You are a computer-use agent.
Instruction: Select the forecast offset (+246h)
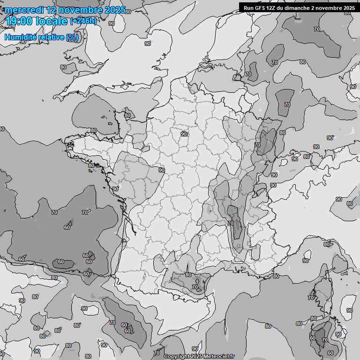point(83,21)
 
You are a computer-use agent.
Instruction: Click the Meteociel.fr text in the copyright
point(219,357)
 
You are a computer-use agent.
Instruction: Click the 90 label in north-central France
point(184,134)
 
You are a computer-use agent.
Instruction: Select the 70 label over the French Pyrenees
point(195,287)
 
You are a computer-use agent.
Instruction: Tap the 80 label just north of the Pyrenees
point(188,275)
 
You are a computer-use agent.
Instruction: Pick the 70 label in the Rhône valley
point(230,224)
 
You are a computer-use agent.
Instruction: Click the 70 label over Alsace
point(257,145)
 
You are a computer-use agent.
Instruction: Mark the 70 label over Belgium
point(248,74)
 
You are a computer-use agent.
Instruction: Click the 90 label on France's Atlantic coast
point(115,188)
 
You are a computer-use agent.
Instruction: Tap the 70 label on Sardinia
point(325,340)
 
